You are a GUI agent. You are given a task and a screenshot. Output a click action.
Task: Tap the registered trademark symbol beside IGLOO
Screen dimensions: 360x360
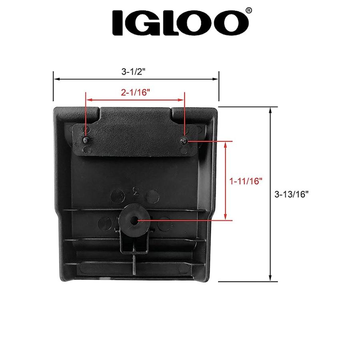tap(249, 12)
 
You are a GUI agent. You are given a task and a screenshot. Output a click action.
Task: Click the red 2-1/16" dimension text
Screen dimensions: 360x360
tap(135, 92)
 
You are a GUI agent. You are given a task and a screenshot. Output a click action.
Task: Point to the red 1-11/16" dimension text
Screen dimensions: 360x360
tap(246, 181)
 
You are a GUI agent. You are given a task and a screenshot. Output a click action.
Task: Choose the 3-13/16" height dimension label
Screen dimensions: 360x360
tap(292, 194)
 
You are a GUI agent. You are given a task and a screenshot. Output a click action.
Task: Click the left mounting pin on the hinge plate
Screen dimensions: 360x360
tap(86, 140)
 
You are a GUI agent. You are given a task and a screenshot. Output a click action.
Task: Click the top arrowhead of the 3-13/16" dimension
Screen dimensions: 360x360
tap(271, 110)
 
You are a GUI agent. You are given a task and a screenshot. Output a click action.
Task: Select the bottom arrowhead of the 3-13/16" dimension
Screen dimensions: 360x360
tap(271, 279)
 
